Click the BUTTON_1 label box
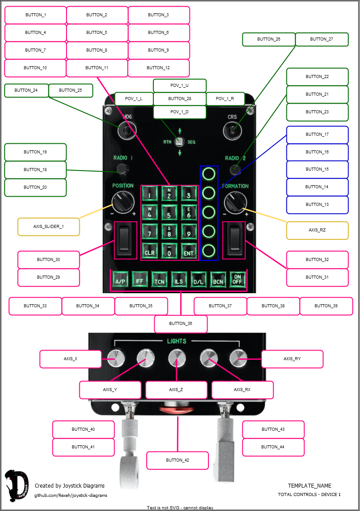[x=36, y=15]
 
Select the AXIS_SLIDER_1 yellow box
[x=48, y=227]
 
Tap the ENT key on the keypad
[x=188, y=253]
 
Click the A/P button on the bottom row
[x=120, y=280]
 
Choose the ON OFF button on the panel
[x=238, y=280]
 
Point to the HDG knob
[x=127, y=130]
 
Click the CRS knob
[x=232, y=130]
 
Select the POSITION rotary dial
[x=122, y=203]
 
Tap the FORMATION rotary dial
[x=234, y=203]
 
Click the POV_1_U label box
[x=180, y=86]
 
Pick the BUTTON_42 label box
[x=178, y=460]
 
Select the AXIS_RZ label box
[x=317, y=230]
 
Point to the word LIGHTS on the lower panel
[x=177, y=341]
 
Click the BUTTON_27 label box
[x=322, y=39]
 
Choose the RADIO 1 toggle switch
[x=122, y=169]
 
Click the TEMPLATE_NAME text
[x=310, y=486]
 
